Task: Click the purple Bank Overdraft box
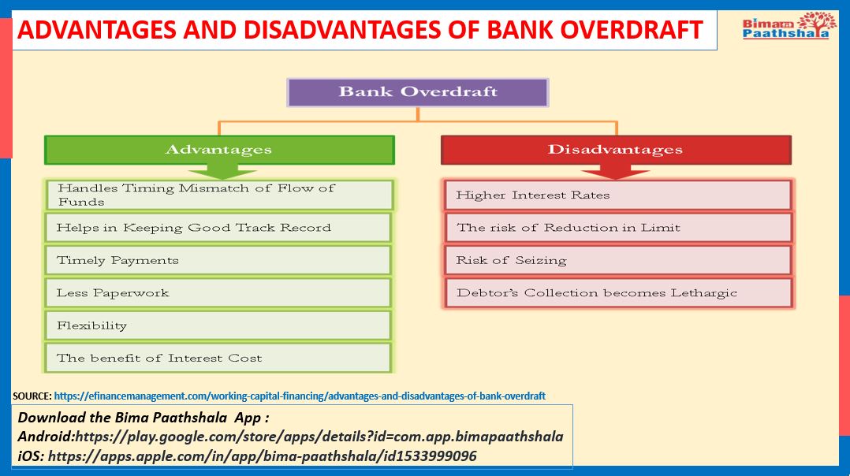coord(417,92)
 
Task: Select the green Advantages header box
coord(219,150)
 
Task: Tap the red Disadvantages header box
coord(616,150)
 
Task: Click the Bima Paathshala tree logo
coord(785,26)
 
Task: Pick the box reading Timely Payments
coord(218,261)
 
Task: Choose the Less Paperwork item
coord(218,293)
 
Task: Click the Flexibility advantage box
coord(218,325)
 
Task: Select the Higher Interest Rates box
coord(618,195)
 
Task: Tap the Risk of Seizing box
coord(618,261)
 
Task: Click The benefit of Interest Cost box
coord(218,358)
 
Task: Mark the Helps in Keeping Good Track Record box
coord(218,228)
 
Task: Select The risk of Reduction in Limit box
coord(618,228)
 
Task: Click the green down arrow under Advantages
coord(222,172)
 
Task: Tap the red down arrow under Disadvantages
coord(615,172)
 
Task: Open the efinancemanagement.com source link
coord(300,396)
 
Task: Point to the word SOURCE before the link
coord(32,396)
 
